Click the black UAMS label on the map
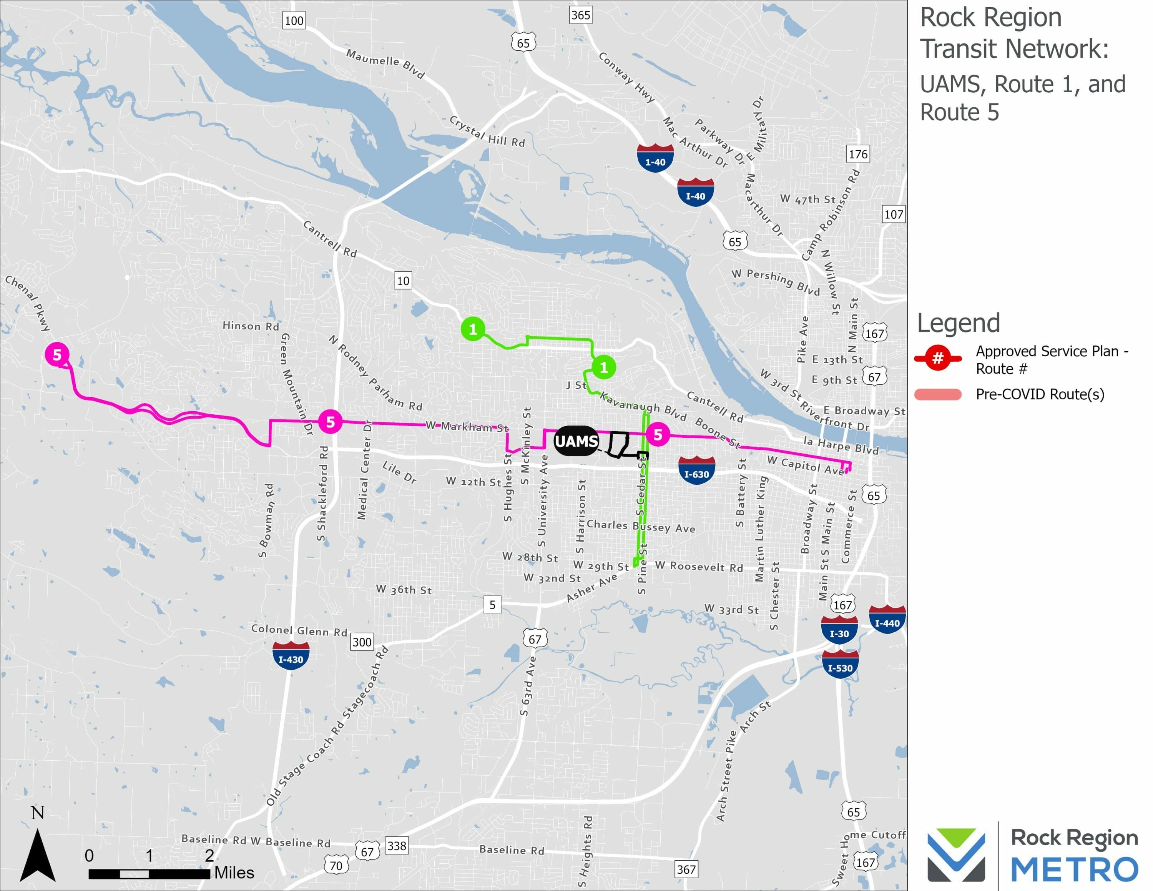tap(576, 441)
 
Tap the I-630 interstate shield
tap(696, 470)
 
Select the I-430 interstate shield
tap(290, 656)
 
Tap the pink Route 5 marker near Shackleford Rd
tap(330, 422)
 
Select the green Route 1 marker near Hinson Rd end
tap(473, 329)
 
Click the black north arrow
tap(38, 855)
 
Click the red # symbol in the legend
tap(938, 358)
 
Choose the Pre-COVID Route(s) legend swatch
tap(938, 394)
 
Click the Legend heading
tap(958, 323)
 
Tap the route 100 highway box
tap(294, 21)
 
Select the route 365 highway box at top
tap(580, 15)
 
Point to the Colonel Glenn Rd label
tap(299, 630)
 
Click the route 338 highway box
tap(397, 846)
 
